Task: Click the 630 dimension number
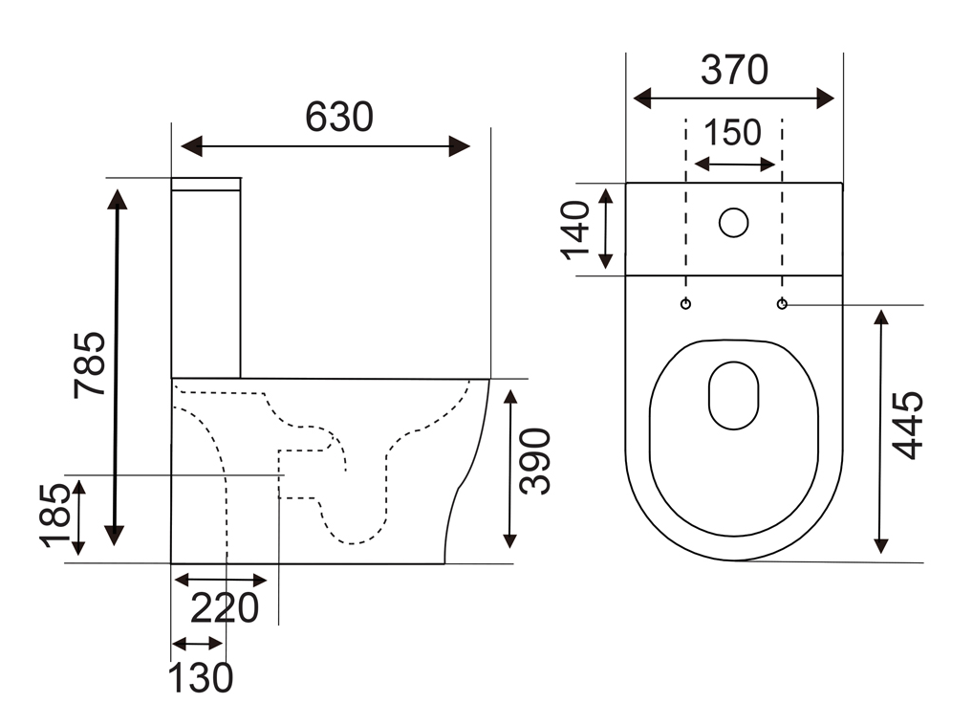[x=339, y=118]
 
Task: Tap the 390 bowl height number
[x=536, y=461]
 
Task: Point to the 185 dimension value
[x=56, y=516]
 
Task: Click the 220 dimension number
[x=226, y=608]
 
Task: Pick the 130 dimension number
[x=201, y=678]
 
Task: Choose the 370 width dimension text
[x=734, y=70]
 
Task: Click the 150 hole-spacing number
[x=734, y=133]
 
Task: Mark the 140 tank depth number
[x=577, y=229]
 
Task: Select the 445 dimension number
[x=908, y=426]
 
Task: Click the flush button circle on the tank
[x=733, y=222]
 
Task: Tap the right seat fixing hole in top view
[x=782, y=304]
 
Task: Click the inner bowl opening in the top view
[x=733, y=394]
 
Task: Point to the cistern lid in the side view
[x=205, y=184]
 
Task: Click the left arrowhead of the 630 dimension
[x=192, y=146]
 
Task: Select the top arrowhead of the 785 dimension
[x=117, y=199]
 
